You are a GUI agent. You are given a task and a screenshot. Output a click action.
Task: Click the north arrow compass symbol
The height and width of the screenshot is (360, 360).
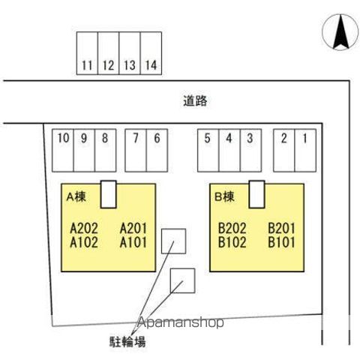point(340,32)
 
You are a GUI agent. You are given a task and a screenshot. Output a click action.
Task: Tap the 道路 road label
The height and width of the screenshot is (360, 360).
point(195,101)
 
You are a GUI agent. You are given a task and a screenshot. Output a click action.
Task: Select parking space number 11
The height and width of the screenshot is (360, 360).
point(87,53)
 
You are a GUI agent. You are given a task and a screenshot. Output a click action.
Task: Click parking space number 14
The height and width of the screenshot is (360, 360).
point(151,53)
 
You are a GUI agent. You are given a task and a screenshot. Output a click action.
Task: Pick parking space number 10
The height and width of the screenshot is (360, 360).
point(63,151)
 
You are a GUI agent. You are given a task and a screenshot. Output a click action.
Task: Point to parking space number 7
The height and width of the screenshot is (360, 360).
point(136,151)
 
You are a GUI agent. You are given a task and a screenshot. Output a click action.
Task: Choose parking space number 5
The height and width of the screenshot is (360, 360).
point(208,151)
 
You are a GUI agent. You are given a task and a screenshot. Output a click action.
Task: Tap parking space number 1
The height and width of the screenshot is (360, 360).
point(305,151)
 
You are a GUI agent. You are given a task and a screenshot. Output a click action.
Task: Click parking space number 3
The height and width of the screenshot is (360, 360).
point(250,151)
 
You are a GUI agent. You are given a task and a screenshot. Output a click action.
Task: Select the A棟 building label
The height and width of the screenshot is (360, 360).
point(76,196)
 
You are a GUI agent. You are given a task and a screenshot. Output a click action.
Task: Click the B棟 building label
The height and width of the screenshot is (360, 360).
point(224,196)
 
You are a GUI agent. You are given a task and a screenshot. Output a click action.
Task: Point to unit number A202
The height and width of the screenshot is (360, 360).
point(84,228)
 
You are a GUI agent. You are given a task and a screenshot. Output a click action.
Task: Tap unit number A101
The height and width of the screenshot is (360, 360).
point(133,242)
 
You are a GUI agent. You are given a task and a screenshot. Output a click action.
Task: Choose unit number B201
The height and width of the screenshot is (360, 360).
point(281,228)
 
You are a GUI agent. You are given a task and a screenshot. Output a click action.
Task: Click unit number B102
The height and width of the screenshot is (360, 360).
point(232,242)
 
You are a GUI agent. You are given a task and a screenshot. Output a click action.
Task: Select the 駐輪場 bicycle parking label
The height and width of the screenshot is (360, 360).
point(127,342)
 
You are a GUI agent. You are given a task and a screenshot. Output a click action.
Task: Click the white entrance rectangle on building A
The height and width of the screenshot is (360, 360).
point(109,194)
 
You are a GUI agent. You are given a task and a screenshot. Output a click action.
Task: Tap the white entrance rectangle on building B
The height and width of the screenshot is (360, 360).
point(256,194)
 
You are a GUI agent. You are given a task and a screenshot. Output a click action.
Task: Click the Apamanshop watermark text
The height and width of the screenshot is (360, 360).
point(181,322)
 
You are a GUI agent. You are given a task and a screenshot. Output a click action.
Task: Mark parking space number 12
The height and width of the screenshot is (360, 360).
point(109,53)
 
